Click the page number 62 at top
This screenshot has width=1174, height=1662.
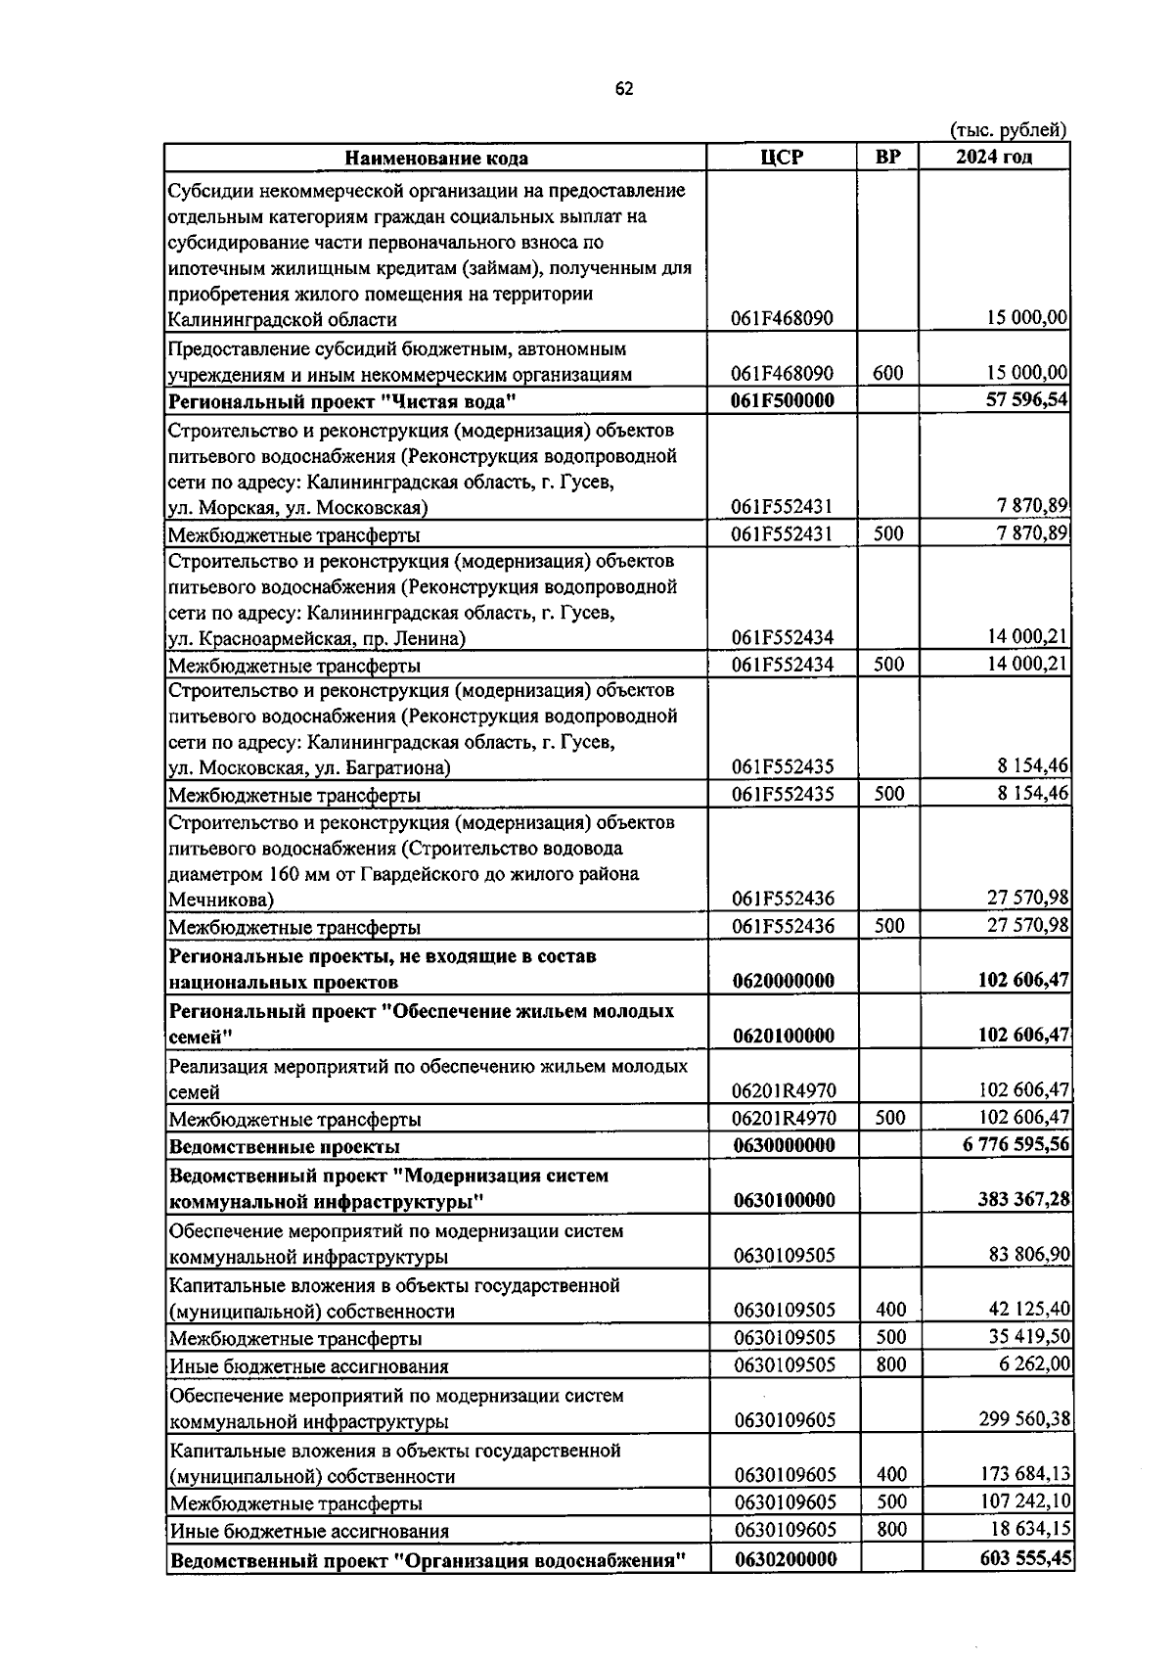[x=624, y=89]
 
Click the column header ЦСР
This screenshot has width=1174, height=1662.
[x=782, y=157]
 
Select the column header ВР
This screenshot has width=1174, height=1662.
[x=888, y=157]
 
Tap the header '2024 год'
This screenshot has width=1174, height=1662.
[x=993, y=157]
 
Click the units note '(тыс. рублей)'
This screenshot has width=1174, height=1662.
[x=1009, y=130]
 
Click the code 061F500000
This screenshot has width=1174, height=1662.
[x=783, y=400]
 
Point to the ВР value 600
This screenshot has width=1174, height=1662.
[x=888, y=374]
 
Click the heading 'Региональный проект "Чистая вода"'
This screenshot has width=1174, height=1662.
[x=342, y=401]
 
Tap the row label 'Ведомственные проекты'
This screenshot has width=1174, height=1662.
[x=285, y=1146]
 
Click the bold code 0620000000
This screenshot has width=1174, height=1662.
[x=783, y=981]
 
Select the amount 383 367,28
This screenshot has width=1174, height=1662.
[x=1023, y=1200]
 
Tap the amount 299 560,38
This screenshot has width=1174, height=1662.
[x=1023, y=1419]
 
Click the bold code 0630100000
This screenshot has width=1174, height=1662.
[x=785, y=1201]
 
